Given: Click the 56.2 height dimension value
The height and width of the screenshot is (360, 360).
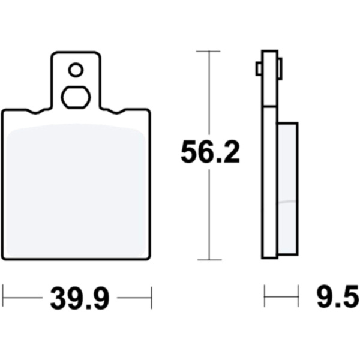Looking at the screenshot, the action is pyautogui.click(x=210, y=152).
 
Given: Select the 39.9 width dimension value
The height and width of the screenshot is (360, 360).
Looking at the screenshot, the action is pyautogui.click(x=80, y=298).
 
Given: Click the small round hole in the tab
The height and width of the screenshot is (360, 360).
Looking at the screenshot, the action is pyautogui.click(x=76, y=70).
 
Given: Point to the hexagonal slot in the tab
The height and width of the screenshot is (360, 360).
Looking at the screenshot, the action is pyautogui.click(x=76, y=97).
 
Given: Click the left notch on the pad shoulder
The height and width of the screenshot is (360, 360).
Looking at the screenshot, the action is pyautogui.click(x=35, y=112).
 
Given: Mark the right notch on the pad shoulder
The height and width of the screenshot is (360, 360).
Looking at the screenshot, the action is pyautogui.click(x=116, y=112).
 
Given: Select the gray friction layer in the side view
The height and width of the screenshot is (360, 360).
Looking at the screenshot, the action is pyautogui.click(x=288, y=189).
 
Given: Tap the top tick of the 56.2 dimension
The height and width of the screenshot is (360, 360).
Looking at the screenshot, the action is pyautogui.click(x=208, y=51).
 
